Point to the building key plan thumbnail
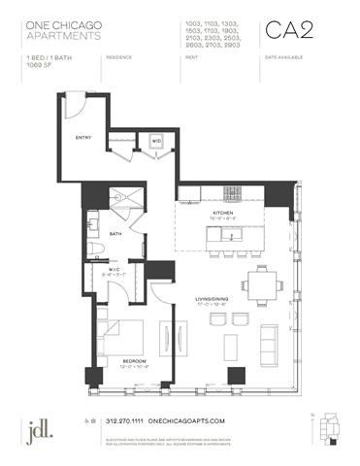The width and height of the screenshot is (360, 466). (x=334, y=425)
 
